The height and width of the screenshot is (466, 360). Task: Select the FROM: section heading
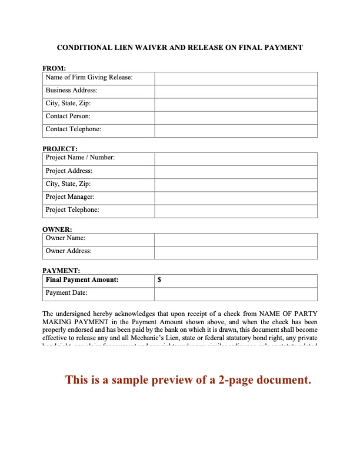tap(54, 68)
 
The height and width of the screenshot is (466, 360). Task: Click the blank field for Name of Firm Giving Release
tap(235, 78)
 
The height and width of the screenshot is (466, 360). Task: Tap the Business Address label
tap(72, 91)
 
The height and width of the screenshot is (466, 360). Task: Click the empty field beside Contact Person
tap(235, 117)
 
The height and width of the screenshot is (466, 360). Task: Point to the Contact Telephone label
tap(73, 129)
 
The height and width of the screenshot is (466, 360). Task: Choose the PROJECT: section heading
tap(60, 149)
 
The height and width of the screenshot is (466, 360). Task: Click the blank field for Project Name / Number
tap(235, 158)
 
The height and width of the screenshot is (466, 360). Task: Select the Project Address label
tap(69, 171)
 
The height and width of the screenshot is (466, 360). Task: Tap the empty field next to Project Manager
tap(235, 197)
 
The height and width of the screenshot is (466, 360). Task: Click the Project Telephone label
tap(72, 210)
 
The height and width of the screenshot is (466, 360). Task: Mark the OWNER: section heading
tap(57, 229)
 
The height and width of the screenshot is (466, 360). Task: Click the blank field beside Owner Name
tap(235, 239)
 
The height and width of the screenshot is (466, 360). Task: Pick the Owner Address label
tap(68, 251)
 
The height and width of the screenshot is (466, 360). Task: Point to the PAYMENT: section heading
tap(61, 271)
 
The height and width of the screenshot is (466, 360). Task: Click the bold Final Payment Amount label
tap(82, 280)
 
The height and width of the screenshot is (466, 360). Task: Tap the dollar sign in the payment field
tap(160, 281)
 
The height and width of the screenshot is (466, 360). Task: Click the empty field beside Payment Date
tap(235, 293)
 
